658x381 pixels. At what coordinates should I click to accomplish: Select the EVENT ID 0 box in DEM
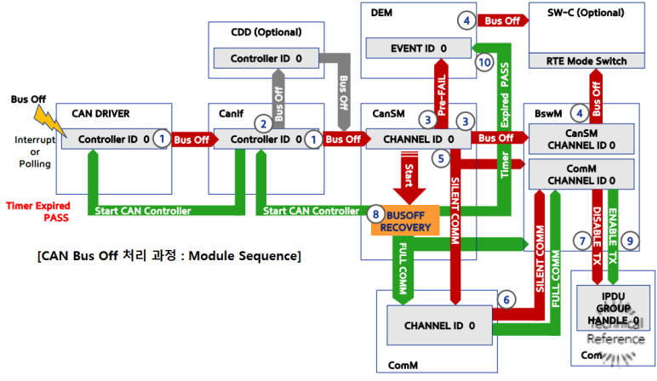click(407, 48)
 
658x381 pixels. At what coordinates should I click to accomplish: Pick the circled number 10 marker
click(484, 62)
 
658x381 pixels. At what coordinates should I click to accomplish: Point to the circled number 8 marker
click(375, 215)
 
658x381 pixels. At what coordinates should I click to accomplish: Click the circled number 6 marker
click(506, 299)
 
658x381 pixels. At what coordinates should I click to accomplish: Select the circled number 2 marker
click(264, 122)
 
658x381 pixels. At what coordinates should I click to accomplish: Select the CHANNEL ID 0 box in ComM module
click(439, 325)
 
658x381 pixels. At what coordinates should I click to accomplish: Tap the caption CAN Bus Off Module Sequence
click(169, 255)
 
